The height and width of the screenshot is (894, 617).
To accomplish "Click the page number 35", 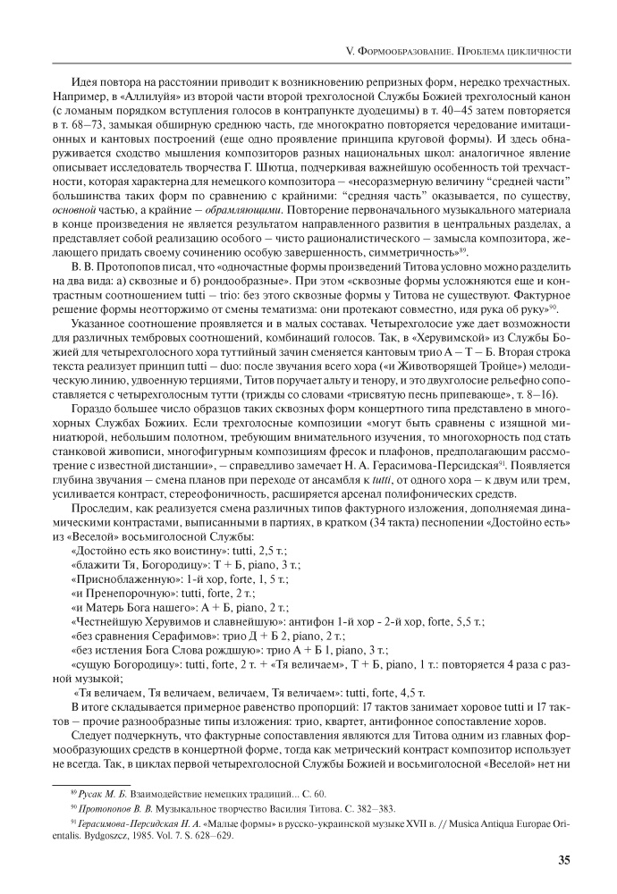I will click(564, 861).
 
